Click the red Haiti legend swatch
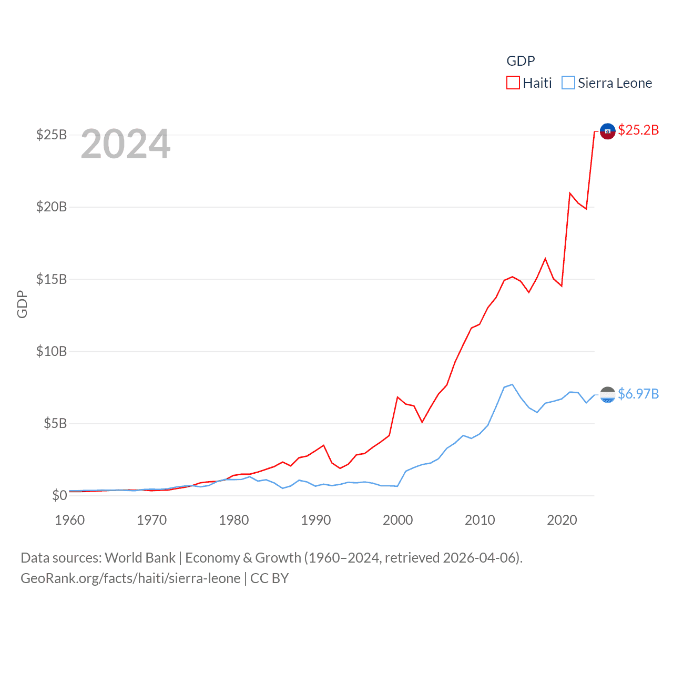pos(513,83)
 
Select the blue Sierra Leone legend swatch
pos(568,83)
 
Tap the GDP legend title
pos(521,61)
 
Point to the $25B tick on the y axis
pos(52,135)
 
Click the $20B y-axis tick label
pos(52,207)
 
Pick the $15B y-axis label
pos(52,279)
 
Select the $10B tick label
pos(52,351)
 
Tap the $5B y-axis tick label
pos(55,423)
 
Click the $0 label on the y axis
pos(59,495)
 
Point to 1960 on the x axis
pos(70,520)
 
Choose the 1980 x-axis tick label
pos(234,520)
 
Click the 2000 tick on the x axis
pos(398,520)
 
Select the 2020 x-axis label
pos(562,520)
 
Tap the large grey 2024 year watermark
pos(126,144)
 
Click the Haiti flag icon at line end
pos(607,131)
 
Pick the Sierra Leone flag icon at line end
pos(607,394)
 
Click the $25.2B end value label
pos(638,130)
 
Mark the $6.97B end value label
pos(638,394)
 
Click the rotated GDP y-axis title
pos(22,304)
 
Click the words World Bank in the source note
pos(140,558)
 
